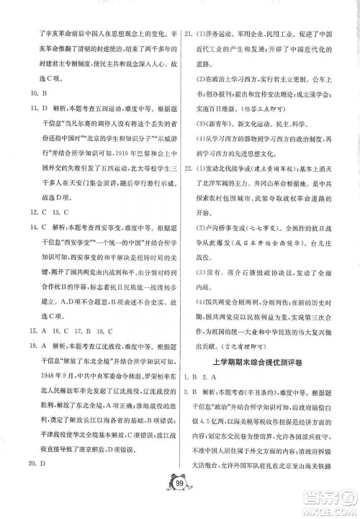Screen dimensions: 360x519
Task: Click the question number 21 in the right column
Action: click(189, 34)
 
